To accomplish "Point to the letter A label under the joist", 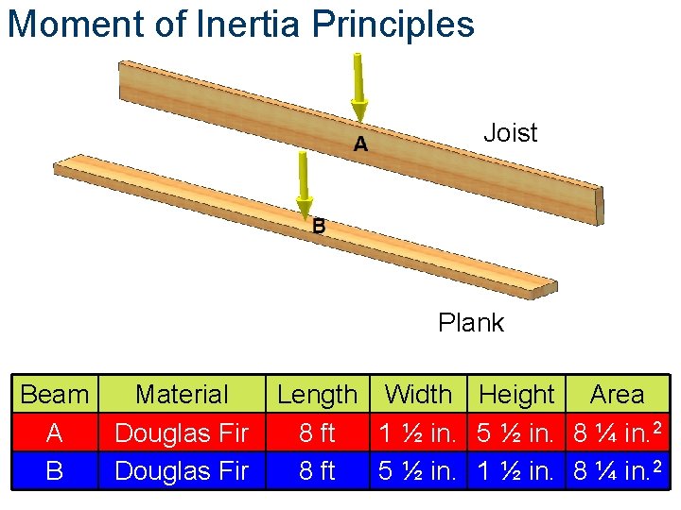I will tap(360, 144).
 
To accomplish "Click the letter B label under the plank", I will tap(319, 227).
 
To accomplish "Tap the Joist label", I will tap(510, 133).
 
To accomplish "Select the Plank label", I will tap(471, 323).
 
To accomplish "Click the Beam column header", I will tap(54, 395).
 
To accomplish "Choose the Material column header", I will tap(182, 395).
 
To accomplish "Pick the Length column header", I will tap(317, 395).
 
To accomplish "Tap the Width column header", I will tap(419, 395).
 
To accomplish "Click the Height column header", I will tap(516, 395).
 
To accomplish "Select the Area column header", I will tap(617, 395).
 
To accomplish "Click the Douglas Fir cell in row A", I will tap(182, 433).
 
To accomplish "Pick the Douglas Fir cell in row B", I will tap(182, 469).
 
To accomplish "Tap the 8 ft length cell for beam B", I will tap(317, 469).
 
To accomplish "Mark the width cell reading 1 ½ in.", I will tap(419, 433).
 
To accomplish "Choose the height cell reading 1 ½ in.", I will tap(516, 469).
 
